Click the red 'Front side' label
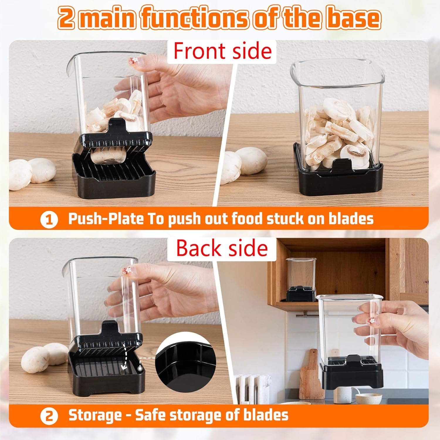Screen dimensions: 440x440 (222, 51)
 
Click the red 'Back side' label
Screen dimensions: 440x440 (222, 248)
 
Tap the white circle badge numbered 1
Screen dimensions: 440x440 (49, 220)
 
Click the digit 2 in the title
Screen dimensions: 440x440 (66, 18)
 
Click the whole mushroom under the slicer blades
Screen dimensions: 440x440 (108, 156)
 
